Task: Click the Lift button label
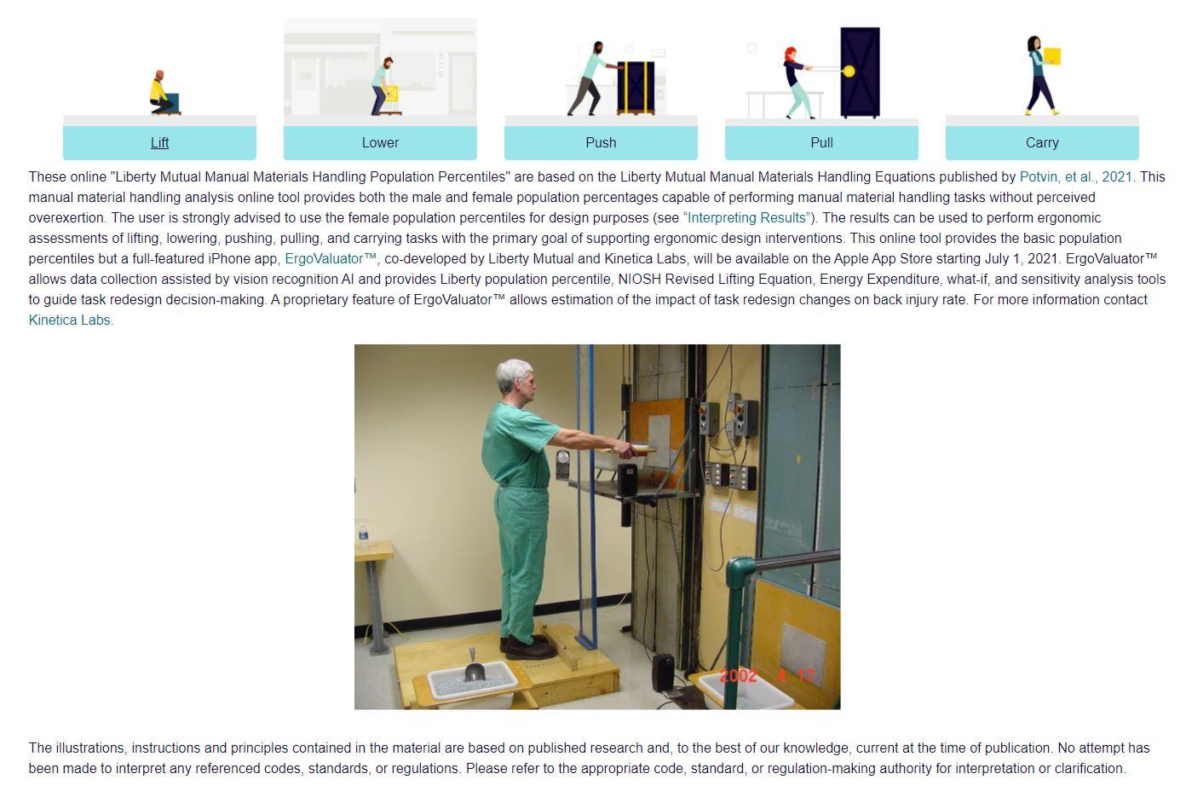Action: (x=159, y=142)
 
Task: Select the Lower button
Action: (x=380, y=142)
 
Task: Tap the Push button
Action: (x=601, y=142)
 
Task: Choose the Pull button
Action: (x=821, y=142)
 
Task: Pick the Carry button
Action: (x=1042, y=142)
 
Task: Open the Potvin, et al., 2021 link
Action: (x=1075, y=177)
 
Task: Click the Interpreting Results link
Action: (x=746, y=218)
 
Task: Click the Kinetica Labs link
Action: (x=70, y=320)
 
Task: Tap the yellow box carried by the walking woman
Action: (x=1052, y=56)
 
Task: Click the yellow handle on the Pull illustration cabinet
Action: (x=849, y=72)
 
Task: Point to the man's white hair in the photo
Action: (x=514, y=372)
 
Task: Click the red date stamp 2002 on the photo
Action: (x=739, y=676)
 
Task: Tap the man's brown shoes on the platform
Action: (x=528, y=648)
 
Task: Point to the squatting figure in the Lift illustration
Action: (x=160, y=92)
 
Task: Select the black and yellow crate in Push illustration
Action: (x=636, y=87)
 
